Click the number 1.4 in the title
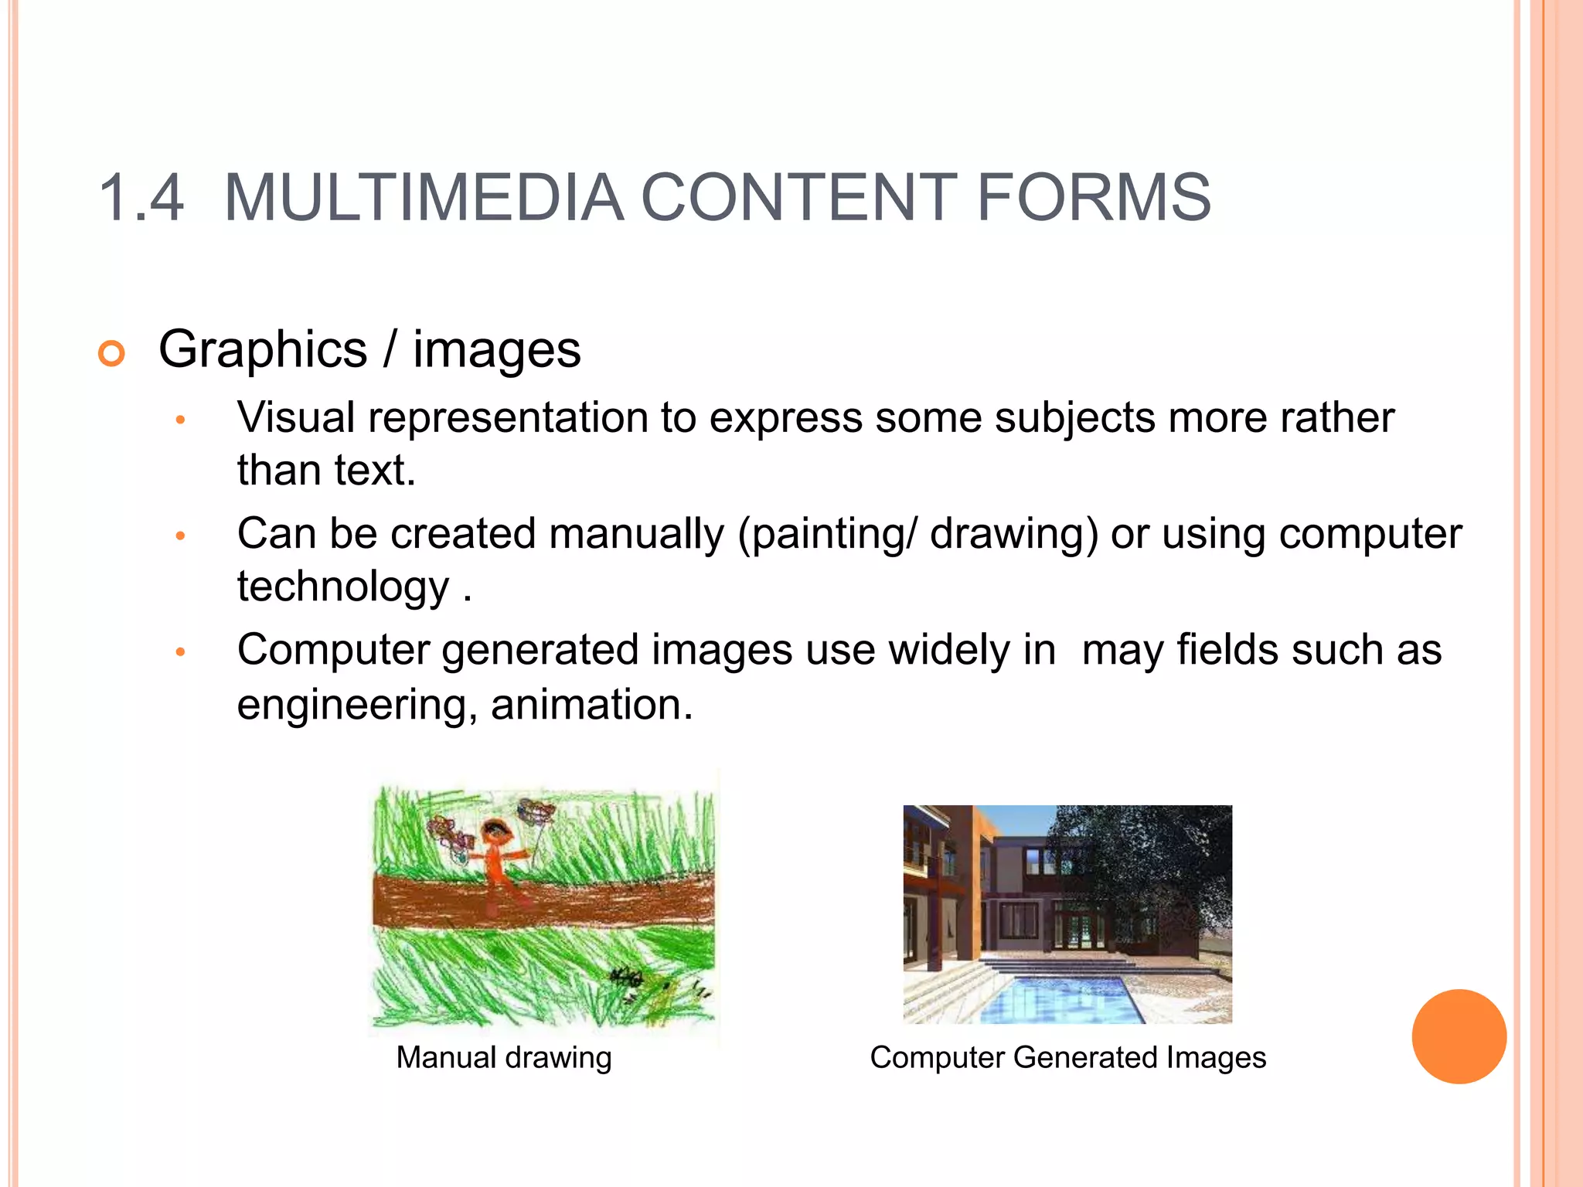click(x=141, y=199)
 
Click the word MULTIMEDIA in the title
click(x=424, y=199)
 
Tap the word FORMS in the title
click(x=1094, y=199)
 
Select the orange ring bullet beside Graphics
click(x=112, y=353)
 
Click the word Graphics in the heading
click(x=263, y=350)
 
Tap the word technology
click(x=342, y=587)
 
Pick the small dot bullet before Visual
click(x=180, y=420)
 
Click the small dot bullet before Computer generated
click(x=180, y=652)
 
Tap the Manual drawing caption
click(x=503, y=1057)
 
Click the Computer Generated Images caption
click(x=1067, y=1057)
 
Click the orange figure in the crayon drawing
click(x=497, y=858)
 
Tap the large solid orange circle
click(x=1459, y=1036)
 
